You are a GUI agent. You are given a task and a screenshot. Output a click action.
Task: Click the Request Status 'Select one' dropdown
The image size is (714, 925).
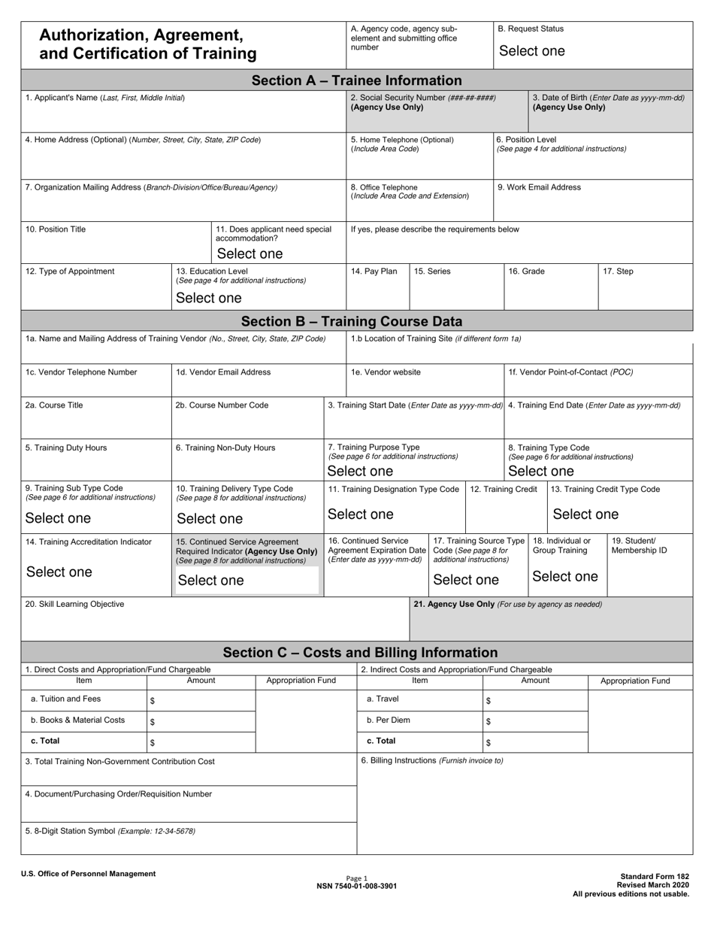click(531, 51)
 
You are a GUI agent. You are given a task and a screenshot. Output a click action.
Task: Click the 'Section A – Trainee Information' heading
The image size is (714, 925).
click(356, 80)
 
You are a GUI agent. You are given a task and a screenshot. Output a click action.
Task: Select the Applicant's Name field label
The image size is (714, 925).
click(105, 98)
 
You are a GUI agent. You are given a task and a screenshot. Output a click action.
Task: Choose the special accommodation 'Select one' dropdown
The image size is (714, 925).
click(250, 253)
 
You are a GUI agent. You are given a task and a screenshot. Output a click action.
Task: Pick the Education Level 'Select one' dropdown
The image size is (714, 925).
click(208, 298)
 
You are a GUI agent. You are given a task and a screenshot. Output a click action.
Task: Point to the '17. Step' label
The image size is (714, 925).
click(618, 271)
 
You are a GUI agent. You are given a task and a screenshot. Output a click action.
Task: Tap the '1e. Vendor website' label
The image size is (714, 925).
click(386, 372)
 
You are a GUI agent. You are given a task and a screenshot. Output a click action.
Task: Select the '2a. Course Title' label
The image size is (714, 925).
click(54, 405)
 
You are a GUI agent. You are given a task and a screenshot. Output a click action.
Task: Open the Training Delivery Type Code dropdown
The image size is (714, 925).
click(210, 519)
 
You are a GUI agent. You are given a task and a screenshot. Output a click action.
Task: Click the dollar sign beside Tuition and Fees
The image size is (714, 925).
click(153, 701)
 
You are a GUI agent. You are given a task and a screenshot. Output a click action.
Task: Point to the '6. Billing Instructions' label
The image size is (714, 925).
click(432, 760)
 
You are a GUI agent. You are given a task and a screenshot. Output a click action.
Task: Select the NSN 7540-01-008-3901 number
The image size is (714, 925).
click(357, 886)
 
